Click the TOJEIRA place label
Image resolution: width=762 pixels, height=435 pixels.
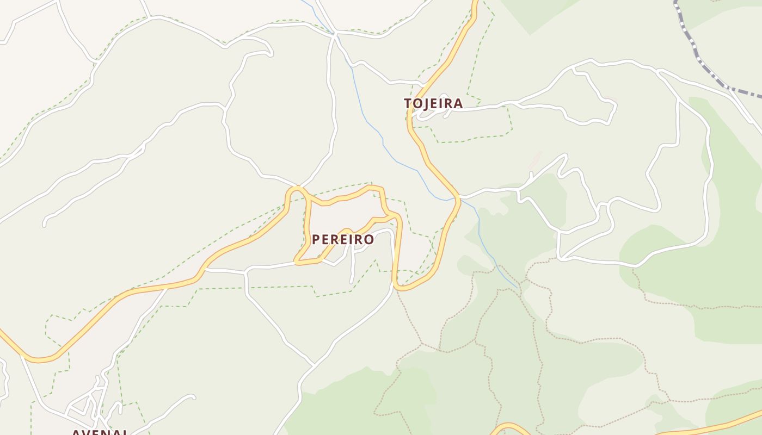[433, 103]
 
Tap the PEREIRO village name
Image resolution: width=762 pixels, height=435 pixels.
[343, 239]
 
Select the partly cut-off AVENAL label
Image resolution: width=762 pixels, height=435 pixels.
[101, 432]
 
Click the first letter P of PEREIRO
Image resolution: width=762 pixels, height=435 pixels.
[316, 239]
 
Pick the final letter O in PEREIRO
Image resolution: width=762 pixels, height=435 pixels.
[370, 239]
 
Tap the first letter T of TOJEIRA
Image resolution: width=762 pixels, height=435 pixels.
[408, 103]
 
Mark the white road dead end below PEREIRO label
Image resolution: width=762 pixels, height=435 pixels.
[351, 282]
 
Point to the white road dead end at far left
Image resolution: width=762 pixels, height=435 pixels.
[45, 224]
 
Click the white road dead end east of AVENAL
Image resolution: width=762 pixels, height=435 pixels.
[193, 397]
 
